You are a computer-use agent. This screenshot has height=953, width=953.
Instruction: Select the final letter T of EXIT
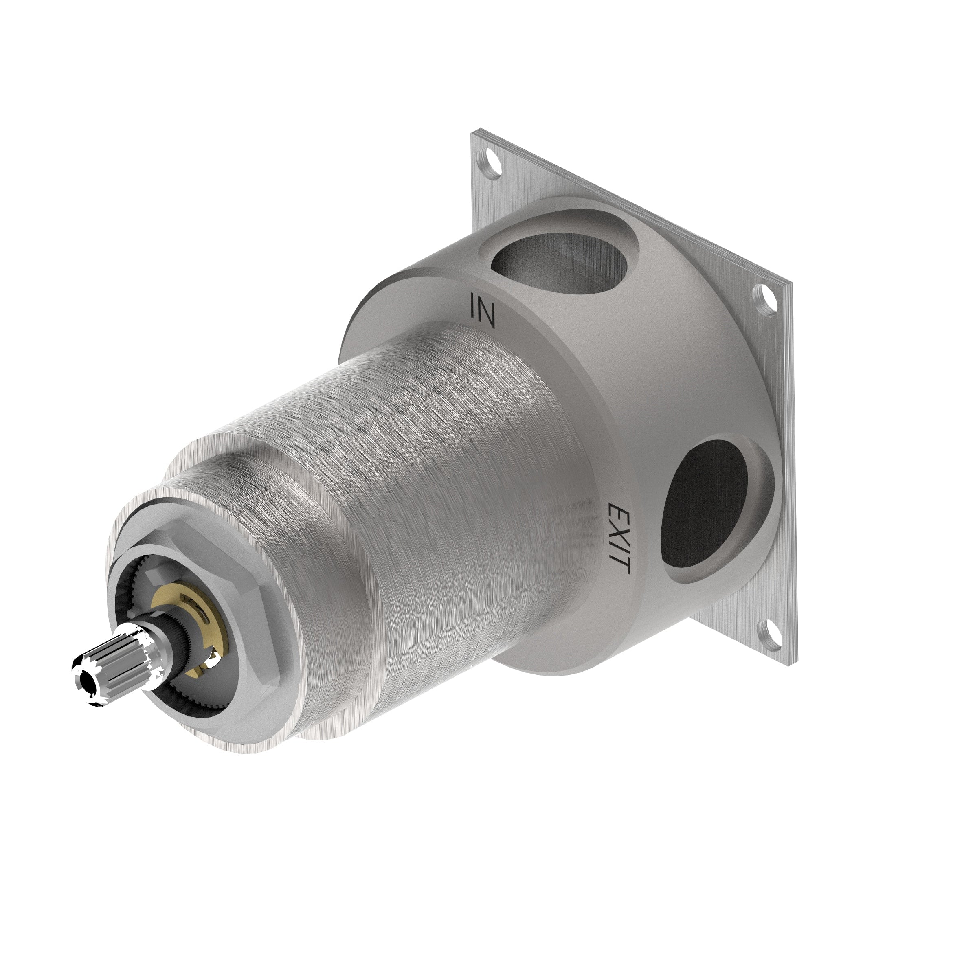pos(623,566)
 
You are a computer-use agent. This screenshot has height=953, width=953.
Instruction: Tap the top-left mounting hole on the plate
pos(489,161)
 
